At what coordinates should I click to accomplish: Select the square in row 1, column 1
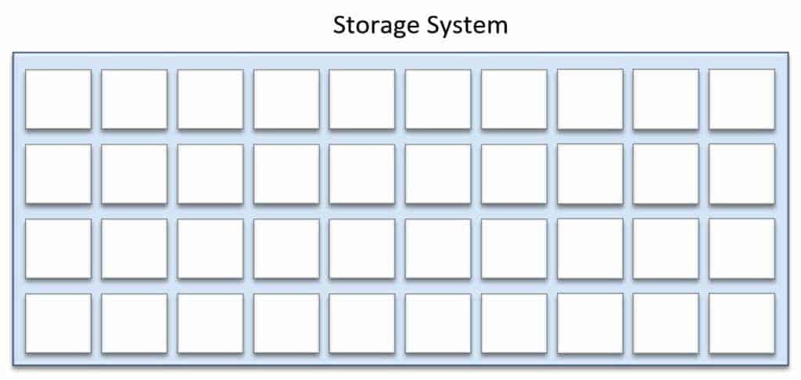tap(58, 100)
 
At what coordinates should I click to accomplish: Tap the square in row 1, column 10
tap(742, 100)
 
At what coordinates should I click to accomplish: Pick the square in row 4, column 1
tap(58, 324)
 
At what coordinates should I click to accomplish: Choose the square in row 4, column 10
tap(742, 324)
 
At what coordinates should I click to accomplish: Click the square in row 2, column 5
tap(362, 174)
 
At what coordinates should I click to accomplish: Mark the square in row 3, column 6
tap(438, 248)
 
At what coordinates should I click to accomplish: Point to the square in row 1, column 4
tap(286, 100)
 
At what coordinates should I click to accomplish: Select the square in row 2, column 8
tap(590, 174)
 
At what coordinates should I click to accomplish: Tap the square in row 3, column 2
tap(135, 248)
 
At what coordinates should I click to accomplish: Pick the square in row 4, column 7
tap(514, 324)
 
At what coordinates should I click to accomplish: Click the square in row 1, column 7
tap(514, 100)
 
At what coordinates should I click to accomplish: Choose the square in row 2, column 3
tap(210, 174)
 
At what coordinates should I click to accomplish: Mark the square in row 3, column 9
tap(666, 248)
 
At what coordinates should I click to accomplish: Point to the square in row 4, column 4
tap(286, 324)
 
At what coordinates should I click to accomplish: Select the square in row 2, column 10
tap(742, 174)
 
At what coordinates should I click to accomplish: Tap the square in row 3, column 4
tap(286, 248)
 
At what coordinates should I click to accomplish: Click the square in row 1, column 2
tap(135, 100)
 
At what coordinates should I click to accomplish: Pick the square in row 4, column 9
tap(666, 324)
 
